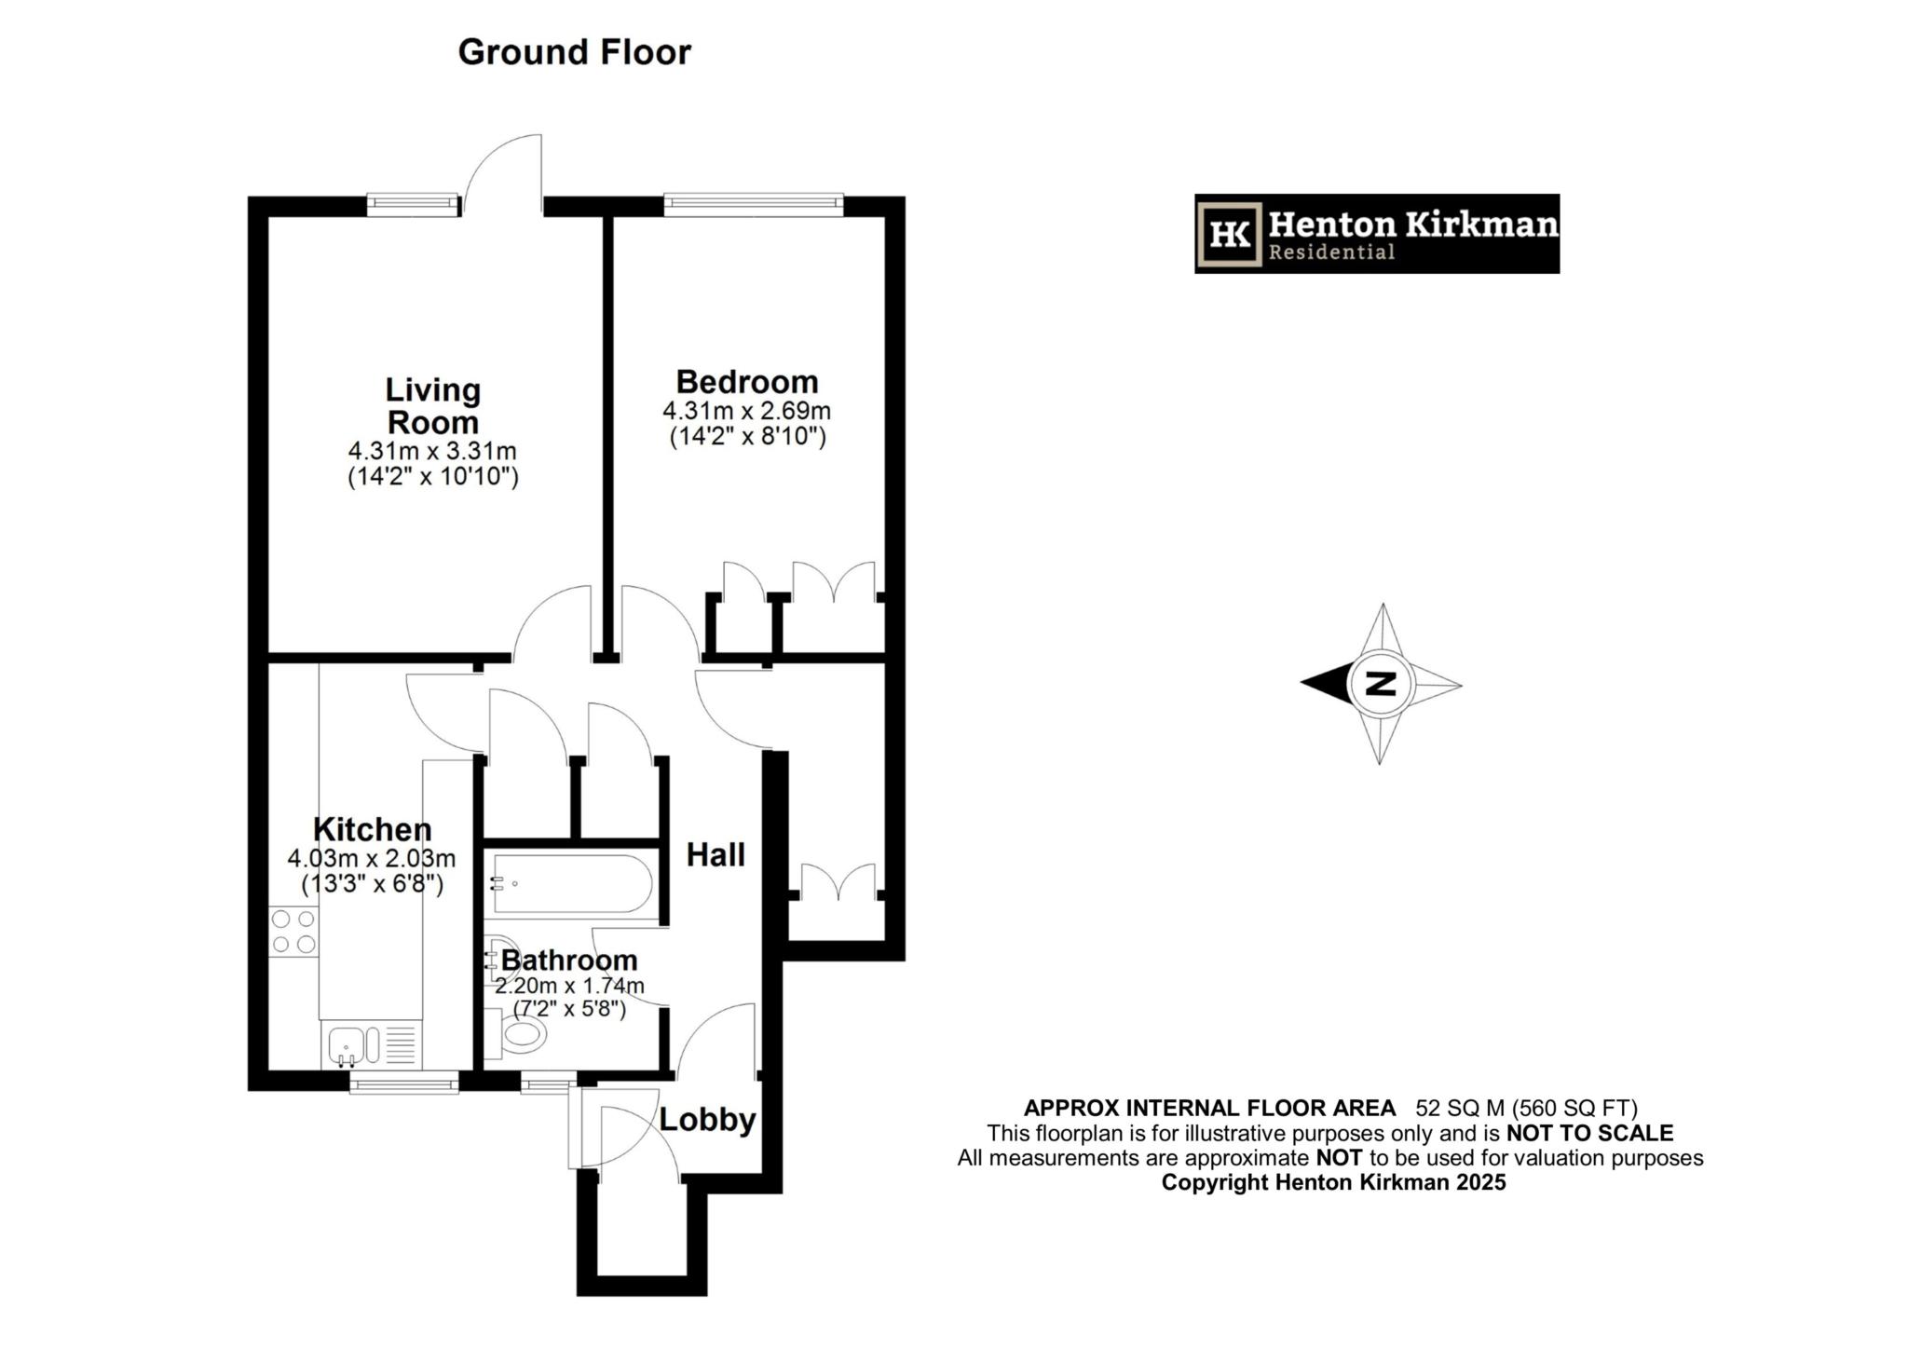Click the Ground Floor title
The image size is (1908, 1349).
[x=574, y=52]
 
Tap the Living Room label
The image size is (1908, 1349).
[x=433, y=406]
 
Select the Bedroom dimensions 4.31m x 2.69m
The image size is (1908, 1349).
[x=746, y=411]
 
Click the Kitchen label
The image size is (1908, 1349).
[x=372, y=829]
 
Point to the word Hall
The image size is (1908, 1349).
[x=715, y=854]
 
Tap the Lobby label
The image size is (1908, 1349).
[x=707, y=1119]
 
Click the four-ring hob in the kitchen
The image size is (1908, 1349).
[x=293, y=932]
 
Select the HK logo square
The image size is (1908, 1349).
[x=1230, y=234]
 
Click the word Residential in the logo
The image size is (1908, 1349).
[x=1331, y=252]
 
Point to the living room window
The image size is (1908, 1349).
[x=413, y=205]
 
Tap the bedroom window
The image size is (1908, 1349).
[x=753, y=204]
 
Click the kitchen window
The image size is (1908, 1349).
[x=404, y=1082]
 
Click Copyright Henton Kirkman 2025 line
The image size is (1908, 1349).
[x=1333, y=1182]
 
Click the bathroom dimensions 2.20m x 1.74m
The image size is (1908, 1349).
[x=569, y=986]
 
